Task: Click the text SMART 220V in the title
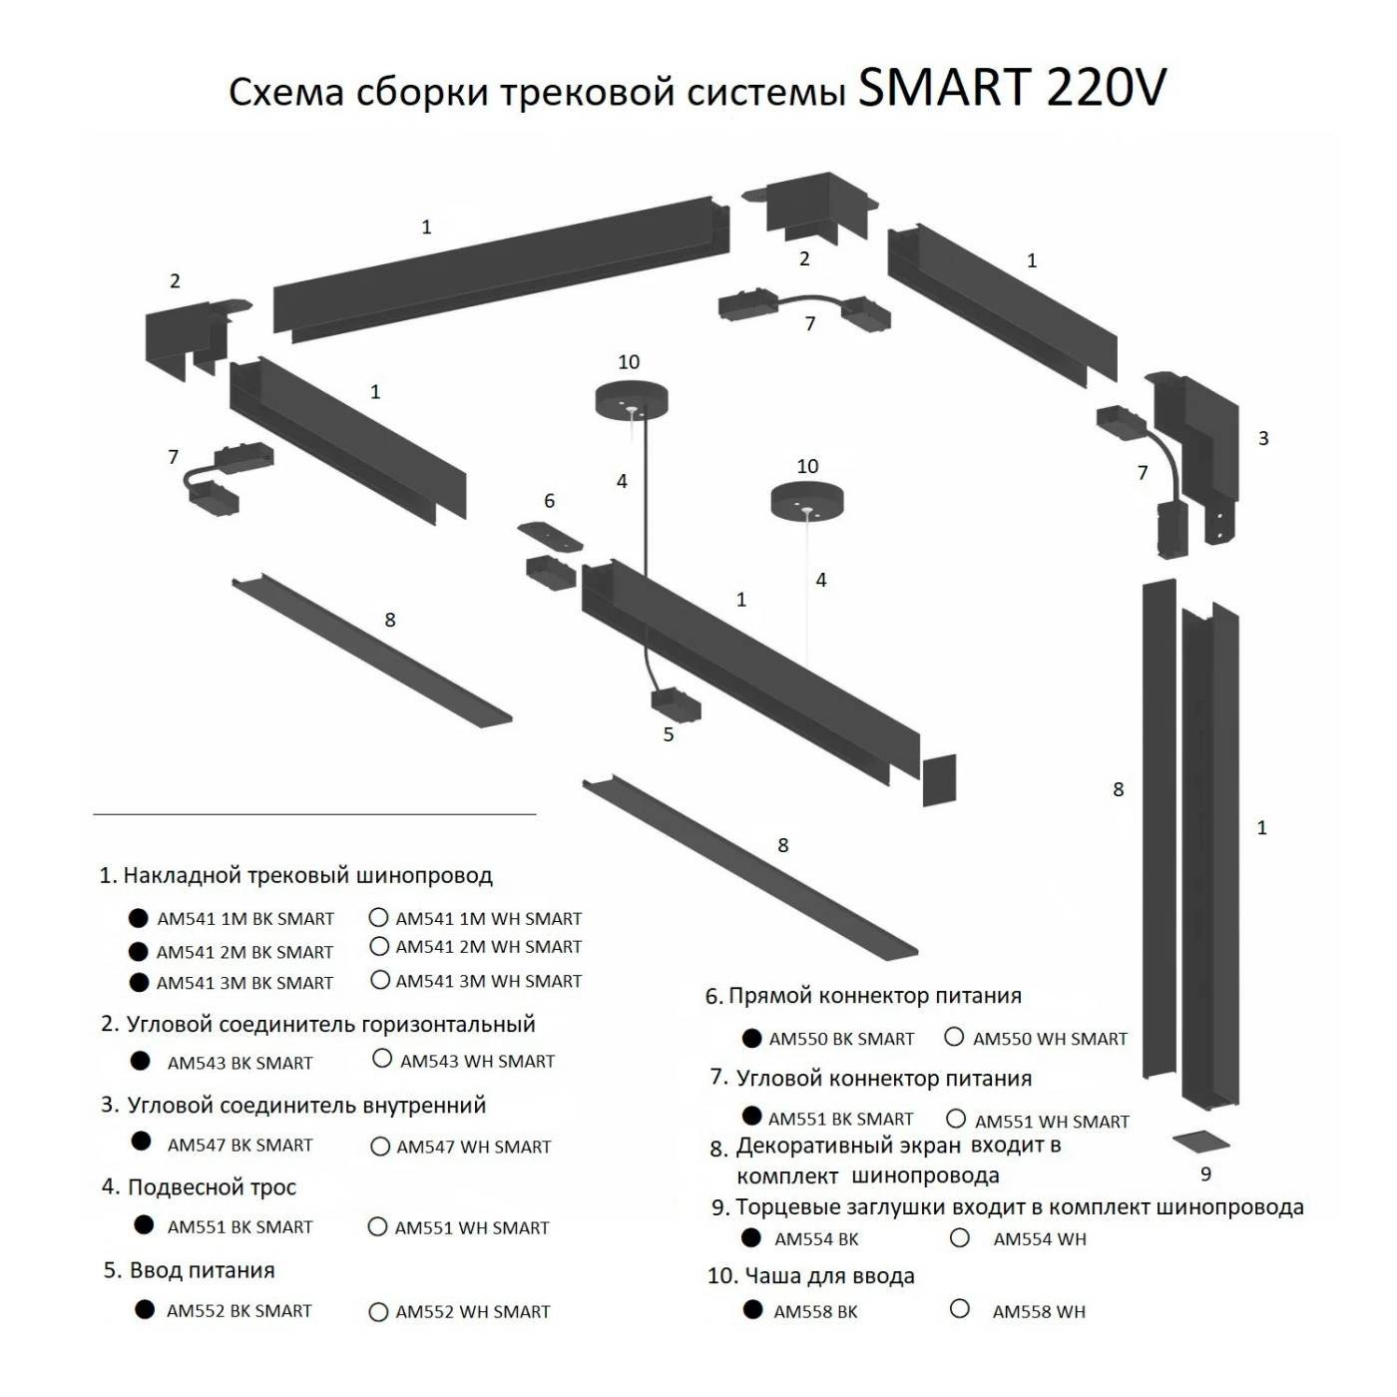pos(1011,89)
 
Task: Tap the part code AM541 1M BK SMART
pos(244,919)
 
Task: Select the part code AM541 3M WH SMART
pos(488,982)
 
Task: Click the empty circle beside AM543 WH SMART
pos(382,1059)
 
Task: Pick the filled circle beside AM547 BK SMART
pos(142,1142)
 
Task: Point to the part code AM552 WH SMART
pos(472,1312)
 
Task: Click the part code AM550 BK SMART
pos(841,1039)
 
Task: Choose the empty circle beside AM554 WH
pos(960,1238)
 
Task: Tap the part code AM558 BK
pos(815,1312)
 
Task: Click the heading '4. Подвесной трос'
pos(199,1187)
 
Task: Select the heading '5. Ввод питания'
pos(189,1270)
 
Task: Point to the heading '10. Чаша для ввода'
pos(810,1276)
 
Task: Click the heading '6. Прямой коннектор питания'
pos(863,996)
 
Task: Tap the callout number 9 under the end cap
pos(1205,1174)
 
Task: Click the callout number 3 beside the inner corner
pos(1263,438)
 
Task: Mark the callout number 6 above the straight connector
pos(549,501)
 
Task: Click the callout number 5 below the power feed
pos(669,734)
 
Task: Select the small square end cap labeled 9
pos(1201,1142)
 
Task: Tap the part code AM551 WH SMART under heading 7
pos(1052,1122)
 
